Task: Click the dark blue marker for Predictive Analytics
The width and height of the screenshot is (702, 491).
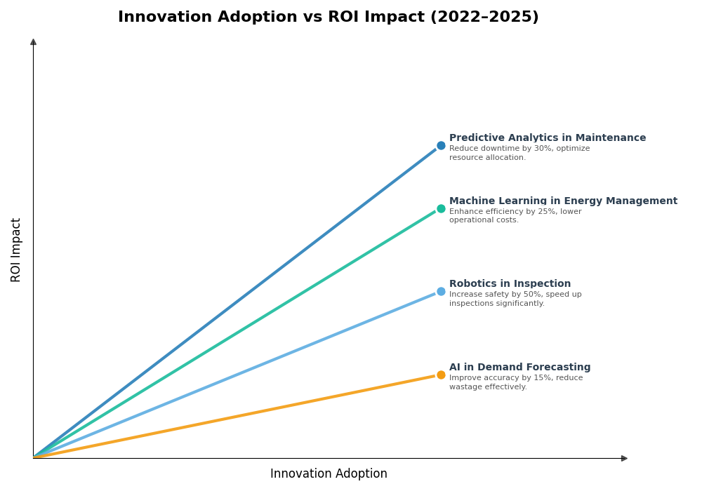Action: coord(441,146)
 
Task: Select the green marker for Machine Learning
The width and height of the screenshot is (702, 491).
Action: coord(441,208)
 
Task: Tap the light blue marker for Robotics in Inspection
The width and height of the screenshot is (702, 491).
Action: coord(441,291)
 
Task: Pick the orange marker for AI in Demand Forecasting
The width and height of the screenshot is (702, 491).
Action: coord(441,375)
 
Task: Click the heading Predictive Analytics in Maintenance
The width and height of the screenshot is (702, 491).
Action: coord(548,138)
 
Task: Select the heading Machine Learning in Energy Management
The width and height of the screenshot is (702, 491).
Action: coord(563,201)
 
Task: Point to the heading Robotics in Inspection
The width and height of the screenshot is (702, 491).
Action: coord(510,284)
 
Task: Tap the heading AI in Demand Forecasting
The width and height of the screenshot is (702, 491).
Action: coord(519,368)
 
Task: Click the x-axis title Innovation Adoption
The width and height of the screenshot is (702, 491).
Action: coord(329,474)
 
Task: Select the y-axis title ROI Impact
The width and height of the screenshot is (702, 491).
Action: coord(16,250)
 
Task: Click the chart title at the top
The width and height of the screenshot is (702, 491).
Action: coord(328,18)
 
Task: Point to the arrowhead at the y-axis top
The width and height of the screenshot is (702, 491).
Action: coord(33,42)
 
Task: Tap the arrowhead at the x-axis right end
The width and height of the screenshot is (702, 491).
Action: coord(624,458)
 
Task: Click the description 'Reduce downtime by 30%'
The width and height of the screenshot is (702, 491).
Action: coord(519,149)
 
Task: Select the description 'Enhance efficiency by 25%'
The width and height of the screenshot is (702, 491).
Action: coord(515,212)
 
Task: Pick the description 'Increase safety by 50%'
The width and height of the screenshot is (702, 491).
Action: coord(515,295)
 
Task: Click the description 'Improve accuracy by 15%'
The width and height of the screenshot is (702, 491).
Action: coord(516,378)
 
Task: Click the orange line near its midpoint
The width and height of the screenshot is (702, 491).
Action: coord(237,416)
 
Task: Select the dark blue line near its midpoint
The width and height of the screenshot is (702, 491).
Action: coord(237,302)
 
